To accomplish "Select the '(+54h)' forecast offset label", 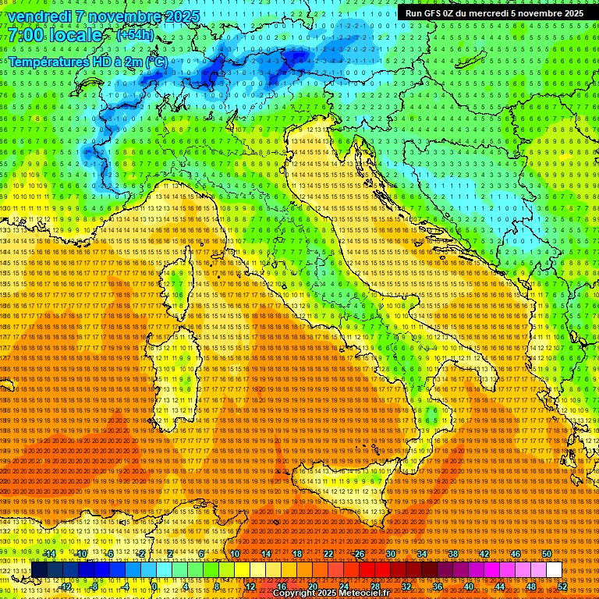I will click(135, 36).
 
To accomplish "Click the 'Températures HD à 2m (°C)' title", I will click(88, 62).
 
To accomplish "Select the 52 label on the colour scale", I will click(562, 586).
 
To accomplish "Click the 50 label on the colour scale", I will click(547, 554).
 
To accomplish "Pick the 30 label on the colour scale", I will click(391, 554).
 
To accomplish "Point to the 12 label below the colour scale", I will click(250, 586).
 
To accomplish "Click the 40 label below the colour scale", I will click(469, 586).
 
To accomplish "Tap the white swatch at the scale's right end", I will click(555, 570).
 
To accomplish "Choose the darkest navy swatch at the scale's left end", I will click(39, 570).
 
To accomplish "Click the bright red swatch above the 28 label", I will click(375, 570).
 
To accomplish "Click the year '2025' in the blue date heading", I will click(182, 16).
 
